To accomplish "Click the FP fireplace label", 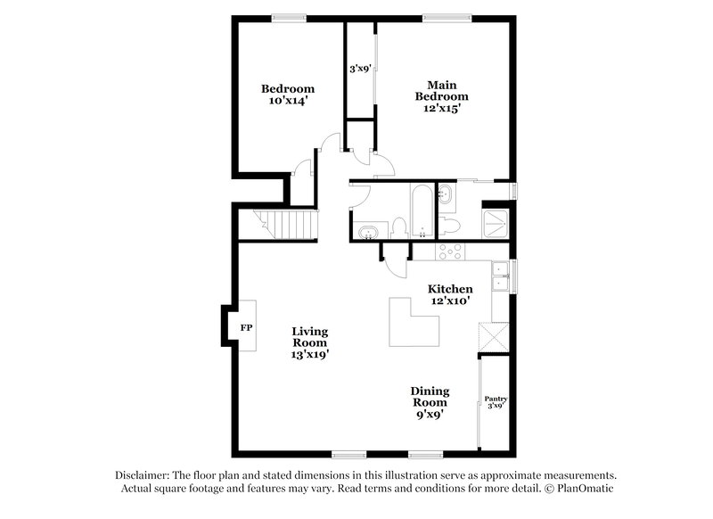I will pyautogui.click(x=245, y=328).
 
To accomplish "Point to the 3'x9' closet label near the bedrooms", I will pyautogui.click(x=359, y=68).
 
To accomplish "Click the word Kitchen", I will pyautogui.click(x=450, y=289).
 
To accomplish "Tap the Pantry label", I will pyautogui.click(x=495, y=399).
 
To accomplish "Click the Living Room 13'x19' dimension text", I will pyautogui.click(x=309, y=354).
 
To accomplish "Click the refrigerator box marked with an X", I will pyautogui.click(x=492, y=339).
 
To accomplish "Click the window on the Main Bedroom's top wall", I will pyautogui.click(x=438, y=17).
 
